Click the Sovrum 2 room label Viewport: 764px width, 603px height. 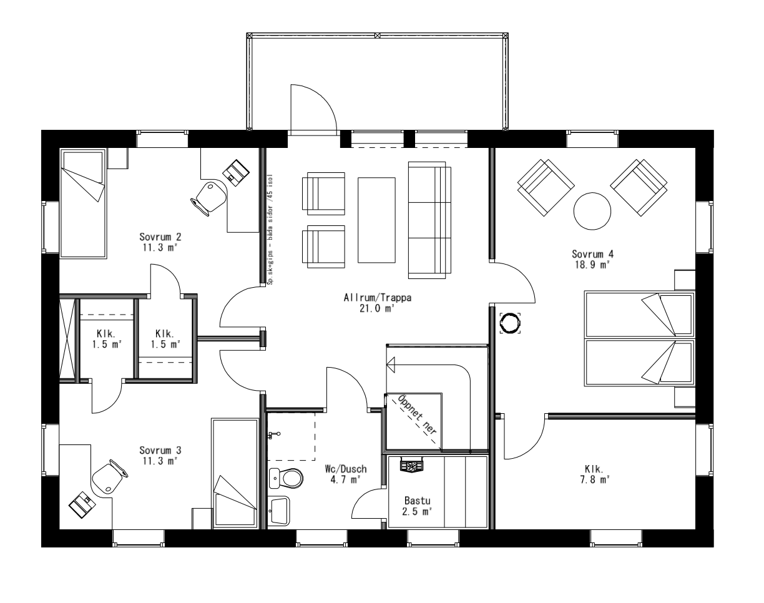coord(160,237)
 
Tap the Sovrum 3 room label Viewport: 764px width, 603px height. coord(160,450)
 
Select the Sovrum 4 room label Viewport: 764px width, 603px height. coord(592,254)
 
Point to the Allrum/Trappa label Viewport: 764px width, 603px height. coord(378,298)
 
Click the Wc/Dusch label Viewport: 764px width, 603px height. coord(346,469)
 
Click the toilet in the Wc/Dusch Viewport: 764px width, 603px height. coord(288,479)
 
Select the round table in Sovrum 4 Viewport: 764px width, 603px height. coord(592,211)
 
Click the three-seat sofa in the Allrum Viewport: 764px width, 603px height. coord(429,219)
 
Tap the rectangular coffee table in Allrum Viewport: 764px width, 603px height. coord(376,219)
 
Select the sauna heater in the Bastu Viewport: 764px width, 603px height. coord(412,465)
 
